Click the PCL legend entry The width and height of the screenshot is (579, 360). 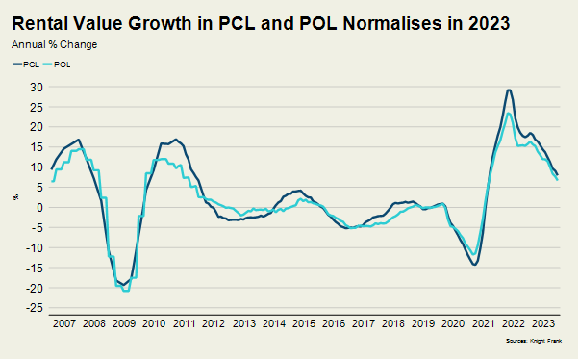pos(26,64)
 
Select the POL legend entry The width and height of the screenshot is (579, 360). pos(57,64)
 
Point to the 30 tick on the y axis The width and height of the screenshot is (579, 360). pos(37,87)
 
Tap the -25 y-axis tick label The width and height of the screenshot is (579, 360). pos(35,308)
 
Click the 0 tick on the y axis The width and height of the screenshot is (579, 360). pos(39,207)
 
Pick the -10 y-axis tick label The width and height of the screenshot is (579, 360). pos(35,247)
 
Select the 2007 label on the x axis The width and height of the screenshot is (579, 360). pos(63,323)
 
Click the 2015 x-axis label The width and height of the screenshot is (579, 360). pos(304,323)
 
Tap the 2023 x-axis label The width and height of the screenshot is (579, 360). pos(542,323)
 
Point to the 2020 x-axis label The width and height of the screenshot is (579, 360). pos(453,323)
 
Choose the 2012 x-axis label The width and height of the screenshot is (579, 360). pos(214,323)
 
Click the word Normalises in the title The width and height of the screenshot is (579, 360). pos(391,24)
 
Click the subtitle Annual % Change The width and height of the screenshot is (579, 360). pos(54,44)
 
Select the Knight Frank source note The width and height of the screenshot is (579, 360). pos(534,341)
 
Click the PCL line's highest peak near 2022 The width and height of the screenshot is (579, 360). pos(509,90)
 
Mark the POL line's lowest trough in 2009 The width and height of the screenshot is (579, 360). pos(126,291)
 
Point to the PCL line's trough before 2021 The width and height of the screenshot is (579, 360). pos(474,265)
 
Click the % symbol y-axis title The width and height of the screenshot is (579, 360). pos(16,197)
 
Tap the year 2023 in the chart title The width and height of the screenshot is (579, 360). pos(490,24)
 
